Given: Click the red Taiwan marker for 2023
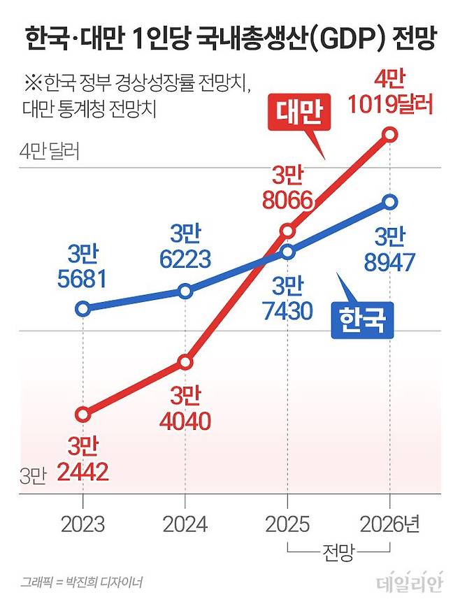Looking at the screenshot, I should coord(83,415).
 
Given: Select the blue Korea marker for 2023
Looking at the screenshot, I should coord(83,308).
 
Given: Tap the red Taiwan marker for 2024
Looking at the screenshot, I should coord(185,361).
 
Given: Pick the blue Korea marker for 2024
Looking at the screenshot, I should coord(185,291).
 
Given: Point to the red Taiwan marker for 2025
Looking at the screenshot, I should coord(287,230).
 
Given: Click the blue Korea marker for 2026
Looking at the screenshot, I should coord(389,202).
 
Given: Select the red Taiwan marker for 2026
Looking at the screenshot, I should coord(389,134).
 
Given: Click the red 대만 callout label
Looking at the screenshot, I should coord(299,115).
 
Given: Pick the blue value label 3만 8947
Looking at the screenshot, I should coord(390,250).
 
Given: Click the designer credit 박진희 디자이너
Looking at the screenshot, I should coord(109,582).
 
